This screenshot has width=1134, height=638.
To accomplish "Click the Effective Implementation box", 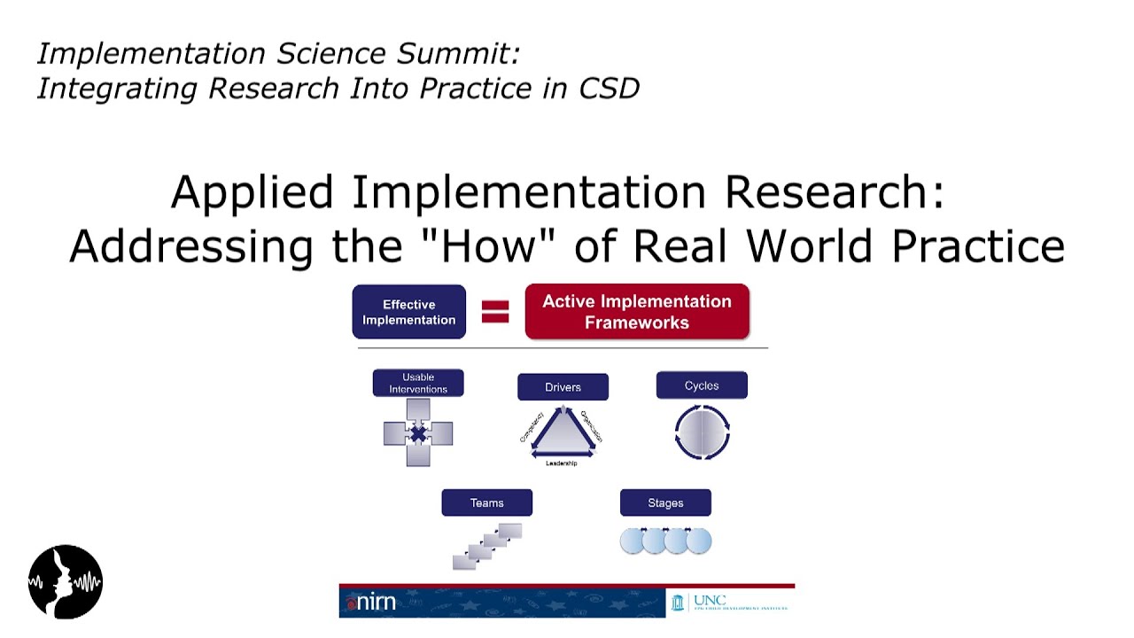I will [x=408, y=312].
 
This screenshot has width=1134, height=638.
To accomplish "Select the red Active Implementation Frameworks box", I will [x=637, y=312].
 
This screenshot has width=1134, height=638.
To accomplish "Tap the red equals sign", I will [x=495, y=311].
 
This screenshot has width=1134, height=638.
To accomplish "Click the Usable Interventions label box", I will [x=418, y=383].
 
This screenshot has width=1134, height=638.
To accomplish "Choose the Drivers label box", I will [x=563, y=387].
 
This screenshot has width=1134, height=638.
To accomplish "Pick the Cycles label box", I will [x=702, y=385].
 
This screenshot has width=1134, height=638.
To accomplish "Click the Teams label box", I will [x=486, y=502].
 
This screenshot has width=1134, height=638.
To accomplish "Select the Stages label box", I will [x=665, y=502].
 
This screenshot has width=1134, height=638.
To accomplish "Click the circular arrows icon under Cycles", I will [x=702, y=432].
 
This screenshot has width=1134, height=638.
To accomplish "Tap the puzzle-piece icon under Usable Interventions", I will [x=418, y=432].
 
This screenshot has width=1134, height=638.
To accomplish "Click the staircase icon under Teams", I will [x=487, y=546].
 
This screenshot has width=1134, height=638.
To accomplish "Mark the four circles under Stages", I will [x=665, y=541].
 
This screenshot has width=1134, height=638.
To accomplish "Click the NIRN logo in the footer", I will [x=372, y=603].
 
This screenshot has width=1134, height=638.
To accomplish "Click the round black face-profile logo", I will [x=66, y=582].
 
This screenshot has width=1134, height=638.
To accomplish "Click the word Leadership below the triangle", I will [x=562, y=463].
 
